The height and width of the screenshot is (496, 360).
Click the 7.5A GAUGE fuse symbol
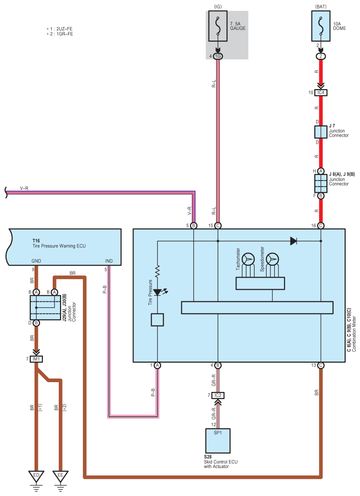(218, 26)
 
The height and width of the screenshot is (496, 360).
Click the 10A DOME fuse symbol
(321, 26)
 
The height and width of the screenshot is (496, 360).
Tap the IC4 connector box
(321, 93)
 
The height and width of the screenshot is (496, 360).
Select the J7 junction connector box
(321, 132)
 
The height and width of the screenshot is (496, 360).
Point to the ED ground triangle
(36, 476)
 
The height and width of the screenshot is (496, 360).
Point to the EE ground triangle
(60, 476)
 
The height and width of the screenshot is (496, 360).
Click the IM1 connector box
(36, 359)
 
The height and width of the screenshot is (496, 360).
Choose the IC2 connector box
(218, 395)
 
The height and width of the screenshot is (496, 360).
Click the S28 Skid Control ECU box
(218, 441)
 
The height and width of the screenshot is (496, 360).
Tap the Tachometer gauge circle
(248, 259)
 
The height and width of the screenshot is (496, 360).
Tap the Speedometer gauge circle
(272, 259)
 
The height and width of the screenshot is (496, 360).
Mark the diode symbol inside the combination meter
(294, 241)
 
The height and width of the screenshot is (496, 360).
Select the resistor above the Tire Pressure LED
(158, 272)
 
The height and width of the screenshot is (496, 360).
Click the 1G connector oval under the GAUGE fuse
(218, 56)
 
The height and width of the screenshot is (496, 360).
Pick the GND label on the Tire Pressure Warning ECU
(36, 261)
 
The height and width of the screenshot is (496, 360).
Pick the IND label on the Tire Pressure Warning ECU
(109, 261)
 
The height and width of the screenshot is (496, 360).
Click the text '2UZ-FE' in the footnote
(64, 29)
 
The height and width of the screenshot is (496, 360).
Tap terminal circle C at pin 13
(321, 365)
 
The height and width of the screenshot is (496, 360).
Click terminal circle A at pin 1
(158, 365)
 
